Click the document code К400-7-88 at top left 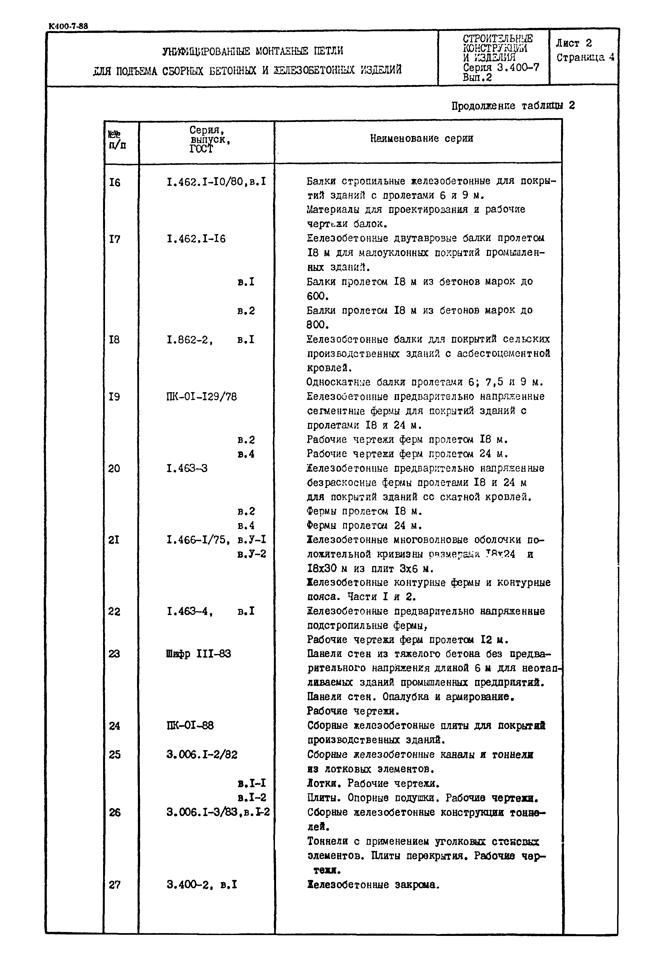pyautogui.click(x=68, y=26)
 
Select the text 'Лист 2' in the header pyautogui.click(x=574, y=43)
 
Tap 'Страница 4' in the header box pyautogui.click(x=585, y=57)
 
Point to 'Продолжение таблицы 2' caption pyautogui.click(x=513, y=106)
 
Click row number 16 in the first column pyautogui.click(x=114, y=182)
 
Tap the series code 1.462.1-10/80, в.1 pyautogui.click(x=216, y=181)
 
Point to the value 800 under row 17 pyautogui.click(x=318, y=325)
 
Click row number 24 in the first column pyautogui.click(x=114, y=726)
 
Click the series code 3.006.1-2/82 pyautogui.click(x=202, y=755)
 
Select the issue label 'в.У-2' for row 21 pyautogui.click(x=252, y=554)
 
